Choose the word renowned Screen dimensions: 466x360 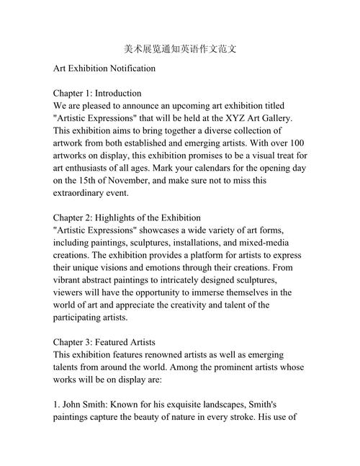[x=171, y=354]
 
